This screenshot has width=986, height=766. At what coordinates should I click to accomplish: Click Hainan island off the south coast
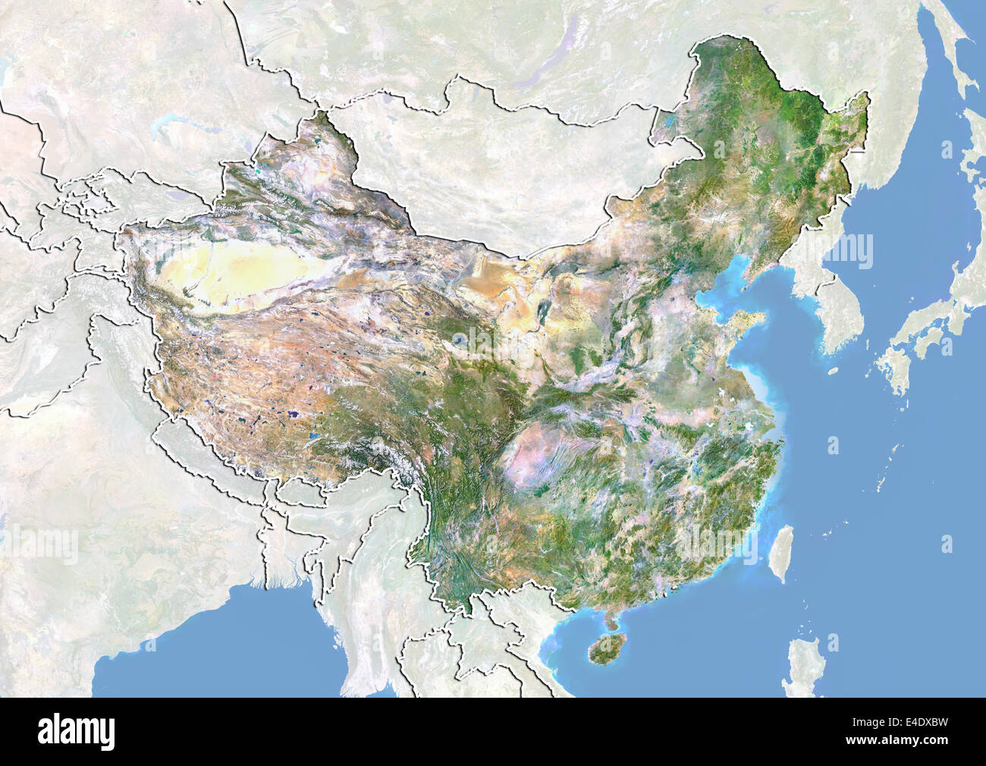[605, 651]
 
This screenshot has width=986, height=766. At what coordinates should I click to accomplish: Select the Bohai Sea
[717, 292]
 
